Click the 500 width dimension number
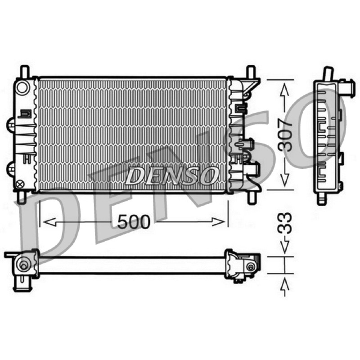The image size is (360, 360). click(133, 222)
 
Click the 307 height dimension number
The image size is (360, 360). click(285, 135)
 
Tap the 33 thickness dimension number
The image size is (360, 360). click(285, 223)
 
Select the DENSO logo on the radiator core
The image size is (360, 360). click(172, 175)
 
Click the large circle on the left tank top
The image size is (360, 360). click(22, 87)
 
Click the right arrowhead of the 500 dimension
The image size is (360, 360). click(218, 222)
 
